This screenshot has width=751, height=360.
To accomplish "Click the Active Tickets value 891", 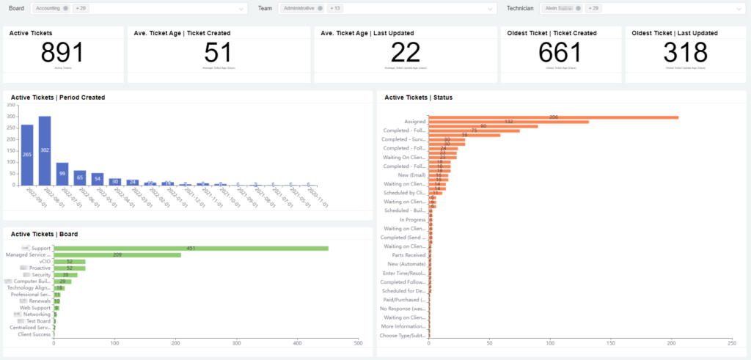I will pos(62,54).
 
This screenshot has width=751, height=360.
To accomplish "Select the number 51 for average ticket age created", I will pos(218,54).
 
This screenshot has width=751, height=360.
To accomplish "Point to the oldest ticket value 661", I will pos(560,54).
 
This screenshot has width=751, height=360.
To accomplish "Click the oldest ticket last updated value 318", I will pos(685,54).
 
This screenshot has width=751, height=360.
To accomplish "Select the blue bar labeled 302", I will pos(45,150).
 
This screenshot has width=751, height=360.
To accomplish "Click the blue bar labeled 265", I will pos(27,155).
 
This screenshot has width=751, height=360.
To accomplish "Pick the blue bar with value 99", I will pos(62,174).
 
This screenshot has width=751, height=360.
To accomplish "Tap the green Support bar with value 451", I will pos(191,248).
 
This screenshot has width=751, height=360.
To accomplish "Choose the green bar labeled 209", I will pos(117,254).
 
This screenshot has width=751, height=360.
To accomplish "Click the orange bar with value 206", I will pos(554,117).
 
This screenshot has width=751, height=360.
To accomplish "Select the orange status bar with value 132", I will pos(508,122).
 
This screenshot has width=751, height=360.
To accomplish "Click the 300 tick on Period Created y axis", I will pos(10,116).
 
